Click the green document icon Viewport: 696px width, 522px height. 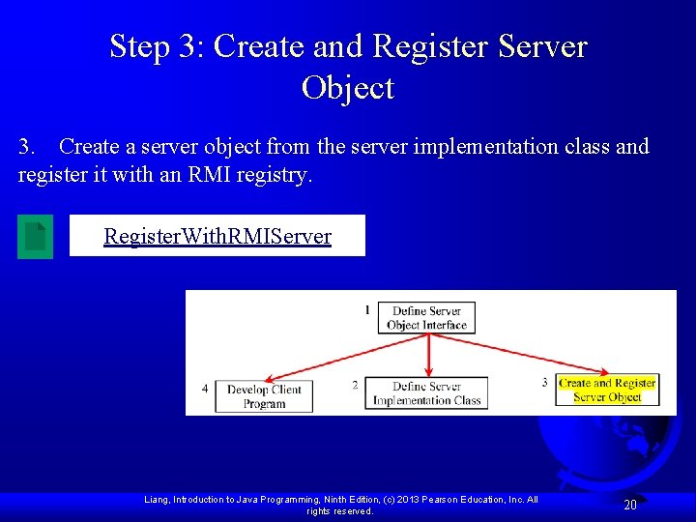point(36,236)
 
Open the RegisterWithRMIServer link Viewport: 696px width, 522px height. point(217,236)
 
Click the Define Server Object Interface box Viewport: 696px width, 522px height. point(426,318)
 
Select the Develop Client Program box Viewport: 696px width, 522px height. point(264,396)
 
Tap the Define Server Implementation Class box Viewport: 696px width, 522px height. point(426,392)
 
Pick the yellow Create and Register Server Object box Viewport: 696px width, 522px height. point(607,390)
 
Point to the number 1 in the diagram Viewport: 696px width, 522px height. point(367,310)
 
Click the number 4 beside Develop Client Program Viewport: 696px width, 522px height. point(205,389)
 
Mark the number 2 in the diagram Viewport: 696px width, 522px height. point(355,385)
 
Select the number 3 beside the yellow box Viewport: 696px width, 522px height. point(544,383)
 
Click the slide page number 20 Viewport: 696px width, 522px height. point(629,505)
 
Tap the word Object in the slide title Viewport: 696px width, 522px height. point(348,88)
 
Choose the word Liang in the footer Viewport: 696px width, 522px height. point(158,500)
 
